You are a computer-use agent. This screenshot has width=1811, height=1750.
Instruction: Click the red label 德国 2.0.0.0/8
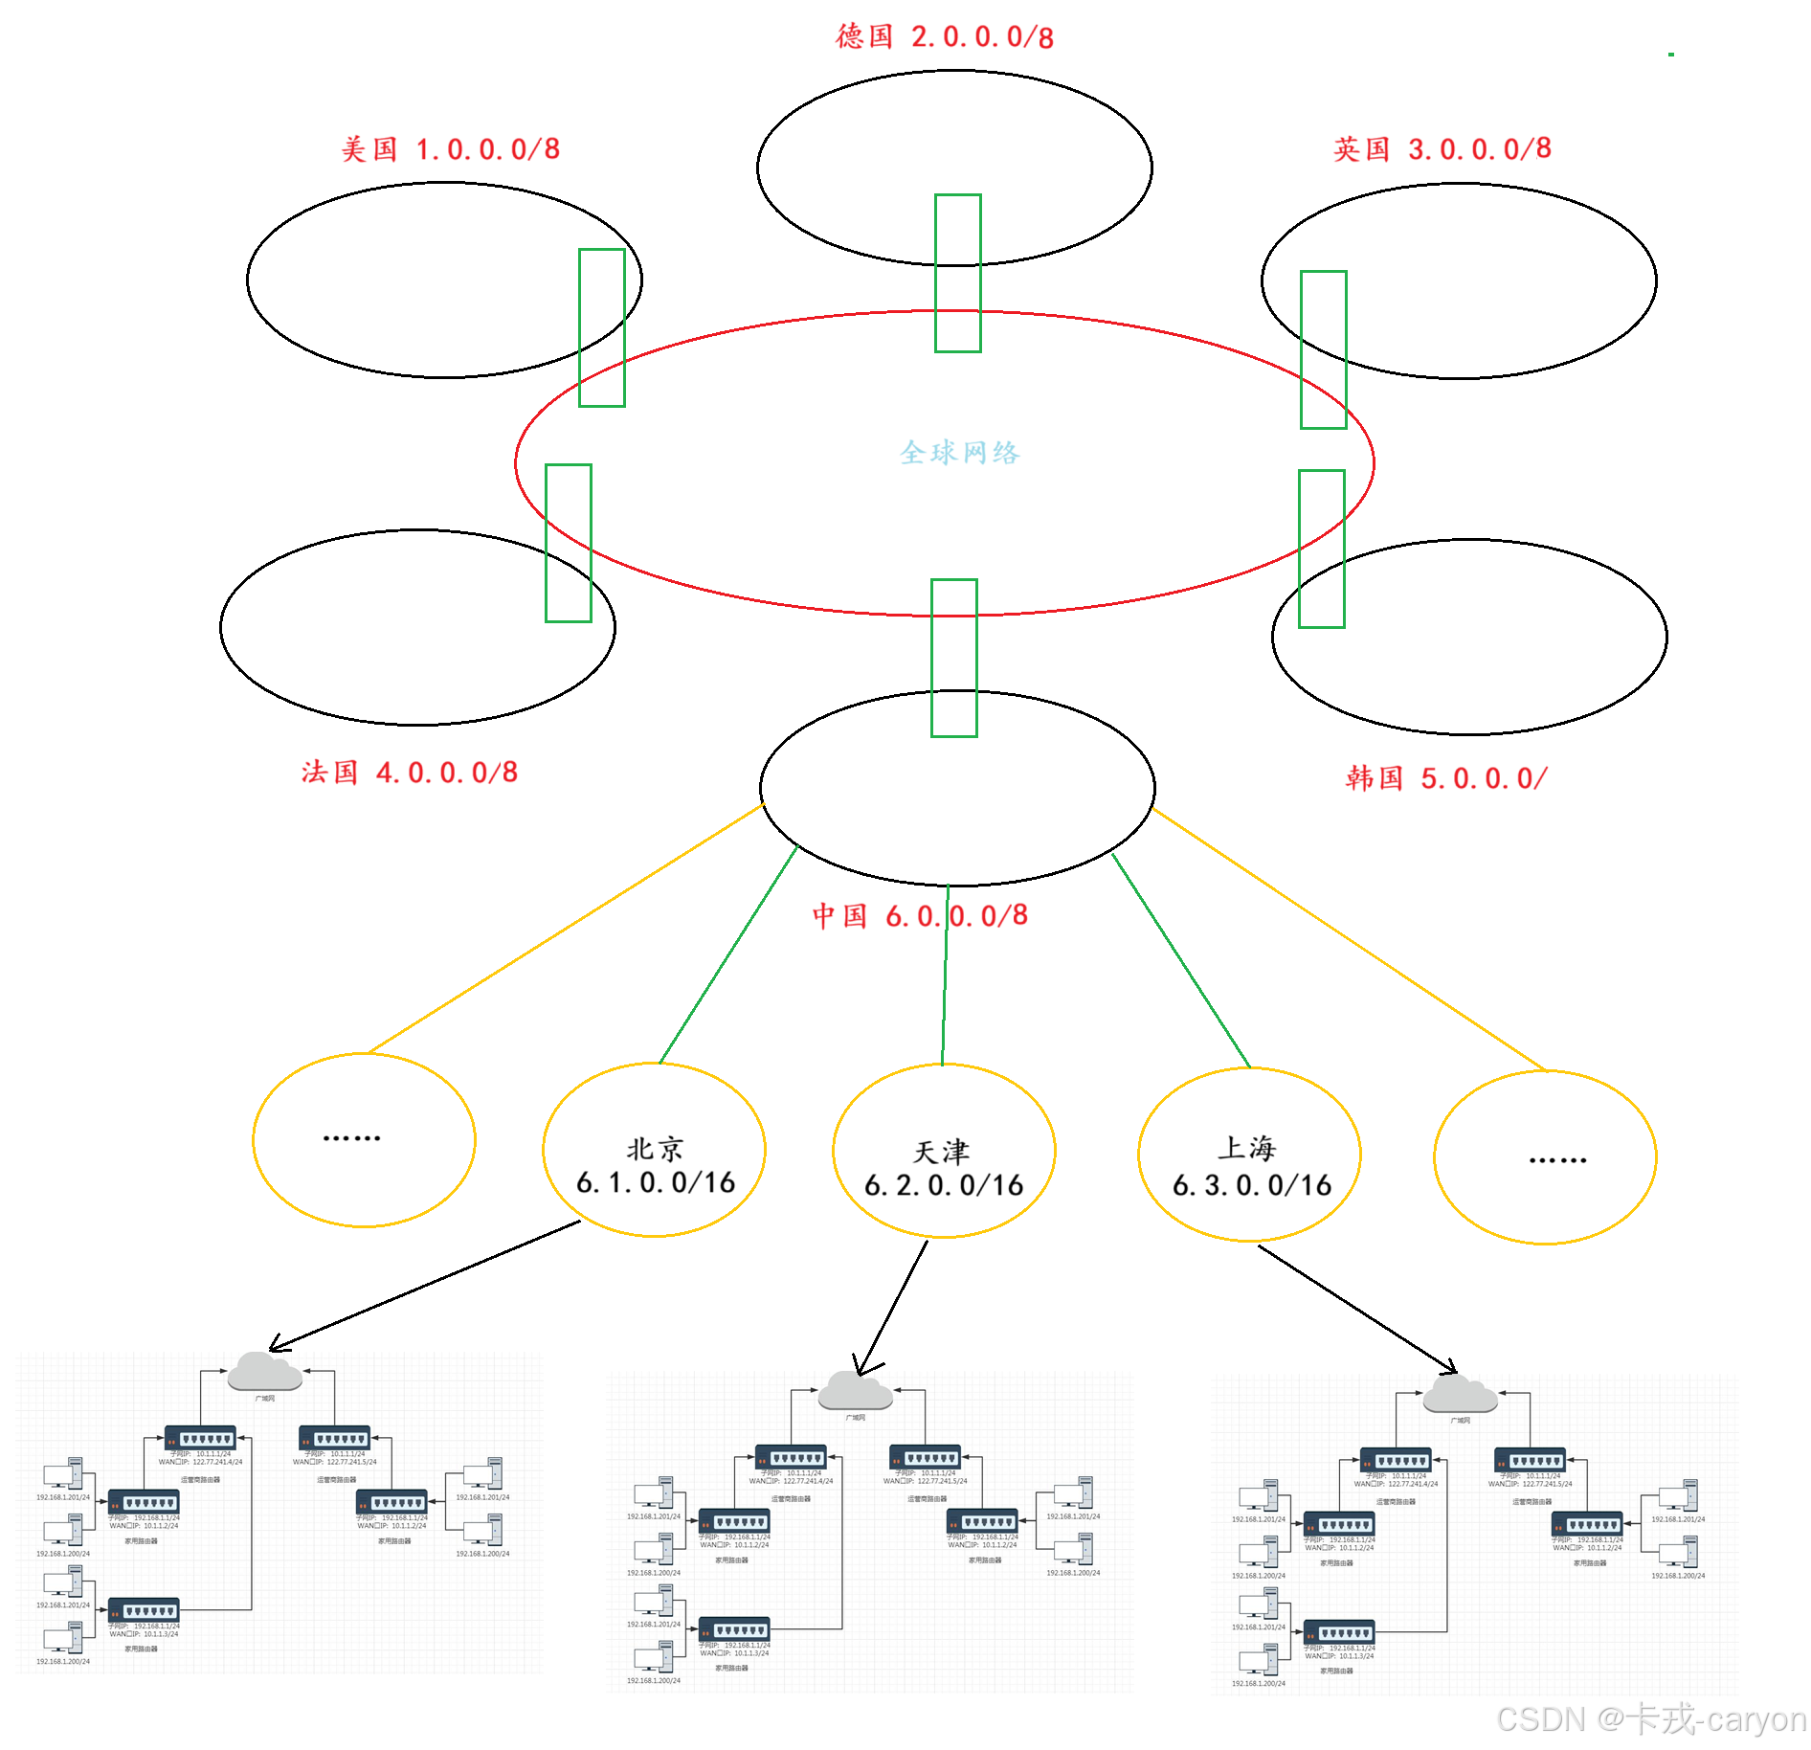tap(944, 37)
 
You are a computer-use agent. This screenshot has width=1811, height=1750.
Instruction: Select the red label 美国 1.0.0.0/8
tap(451, 149)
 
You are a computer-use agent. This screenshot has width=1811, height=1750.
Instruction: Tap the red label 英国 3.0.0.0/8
tap(1442, 149)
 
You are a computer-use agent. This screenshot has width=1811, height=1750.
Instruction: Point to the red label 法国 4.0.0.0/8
tap(410, 773)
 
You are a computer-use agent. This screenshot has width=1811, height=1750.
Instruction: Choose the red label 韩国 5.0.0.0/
tap(1446, 778)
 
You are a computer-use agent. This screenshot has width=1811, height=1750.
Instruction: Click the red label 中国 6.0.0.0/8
tap(920, 916)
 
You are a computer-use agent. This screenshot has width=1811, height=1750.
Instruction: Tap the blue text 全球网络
tap(959, 452)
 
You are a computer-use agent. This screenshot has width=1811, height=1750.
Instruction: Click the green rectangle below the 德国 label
tap(957, 273)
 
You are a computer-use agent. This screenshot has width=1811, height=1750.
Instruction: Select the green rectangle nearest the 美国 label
tap(602, 327)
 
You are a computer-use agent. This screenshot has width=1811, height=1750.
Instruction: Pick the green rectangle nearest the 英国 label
tap(1323, 349)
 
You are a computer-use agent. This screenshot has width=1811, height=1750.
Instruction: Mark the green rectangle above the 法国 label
tap(569, 543)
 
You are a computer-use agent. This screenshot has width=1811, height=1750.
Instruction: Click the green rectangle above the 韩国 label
tap(1321, 549)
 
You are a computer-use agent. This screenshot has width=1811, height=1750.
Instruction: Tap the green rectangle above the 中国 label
tap(953, 658)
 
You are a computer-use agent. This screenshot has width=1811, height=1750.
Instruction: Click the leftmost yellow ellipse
tap(364, 1139)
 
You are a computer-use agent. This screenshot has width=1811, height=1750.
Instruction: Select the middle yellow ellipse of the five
tap(944, 1150)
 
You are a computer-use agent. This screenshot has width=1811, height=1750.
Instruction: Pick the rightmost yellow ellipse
tap(1545, 1156)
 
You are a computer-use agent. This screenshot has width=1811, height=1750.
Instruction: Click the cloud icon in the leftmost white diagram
tap(264, 1373)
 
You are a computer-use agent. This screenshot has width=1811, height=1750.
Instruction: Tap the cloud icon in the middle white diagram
tap(855, 1391)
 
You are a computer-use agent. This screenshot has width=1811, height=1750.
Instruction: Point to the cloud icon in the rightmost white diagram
tap(1460, 1395)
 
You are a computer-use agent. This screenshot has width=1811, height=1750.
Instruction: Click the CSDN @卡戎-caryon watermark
tap(1649, 1718)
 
